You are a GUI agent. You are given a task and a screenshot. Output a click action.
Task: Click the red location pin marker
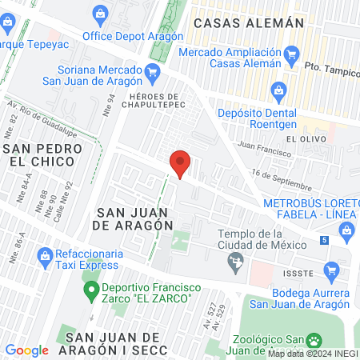pos(180,164)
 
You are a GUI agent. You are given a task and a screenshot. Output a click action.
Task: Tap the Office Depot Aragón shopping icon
pos(100,14)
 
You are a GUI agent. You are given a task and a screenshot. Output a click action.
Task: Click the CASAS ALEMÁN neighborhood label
pos(249,23)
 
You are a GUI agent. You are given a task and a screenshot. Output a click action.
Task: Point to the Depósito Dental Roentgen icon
pos(278,90)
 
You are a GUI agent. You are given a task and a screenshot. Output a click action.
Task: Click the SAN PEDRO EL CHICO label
pos(38,155)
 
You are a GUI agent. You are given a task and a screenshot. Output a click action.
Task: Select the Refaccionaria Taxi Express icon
pos(45,255)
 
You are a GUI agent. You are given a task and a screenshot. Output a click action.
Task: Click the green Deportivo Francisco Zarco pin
pos(90,288)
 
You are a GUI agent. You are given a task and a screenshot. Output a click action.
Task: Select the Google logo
pos(26,350)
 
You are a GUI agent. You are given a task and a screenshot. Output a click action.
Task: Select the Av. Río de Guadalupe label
pos(34,113)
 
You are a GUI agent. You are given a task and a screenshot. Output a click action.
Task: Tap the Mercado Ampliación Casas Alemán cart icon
pos(292,54)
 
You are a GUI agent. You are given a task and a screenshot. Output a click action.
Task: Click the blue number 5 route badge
pos(324,240)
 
